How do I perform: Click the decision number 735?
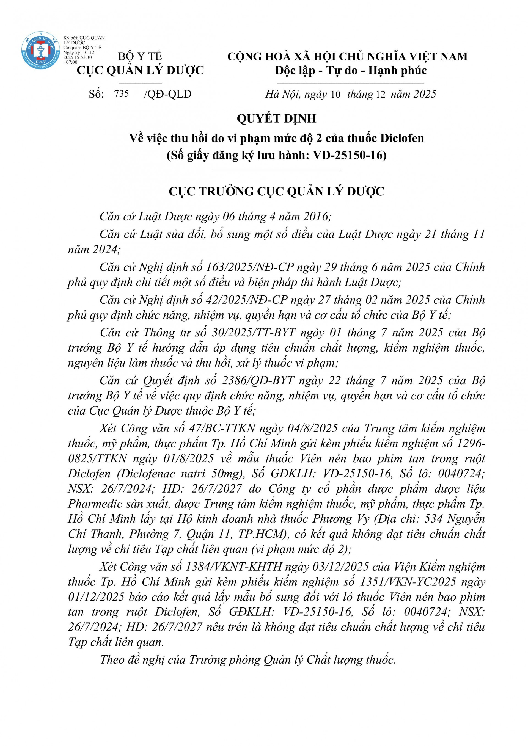pyautogui.click(x=122, y=94)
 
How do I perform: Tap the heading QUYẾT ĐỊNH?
pyautogui.click(x=276, y=118)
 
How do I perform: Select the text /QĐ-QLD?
pyautogui.click(x=168, y=94)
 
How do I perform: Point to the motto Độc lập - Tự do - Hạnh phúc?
pyautogui.click(x=350, y=71)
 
